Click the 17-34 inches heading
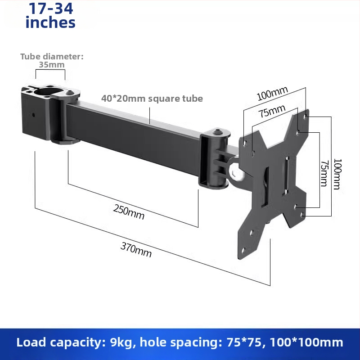(50, 15)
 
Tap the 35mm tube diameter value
(52, 65)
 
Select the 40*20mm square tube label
(152, 99)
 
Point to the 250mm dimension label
(129, 212)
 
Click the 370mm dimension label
(136, 250)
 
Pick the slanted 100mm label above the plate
(272, 94)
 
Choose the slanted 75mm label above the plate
(272, 111)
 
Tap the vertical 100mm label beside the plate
(337, 174)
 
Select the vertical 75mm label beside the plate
(324, 174)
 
